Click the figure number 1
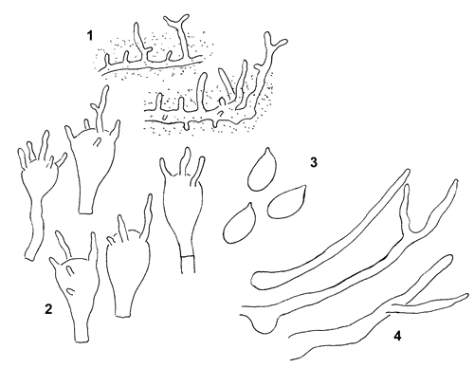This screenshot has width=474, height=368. click(90, 36)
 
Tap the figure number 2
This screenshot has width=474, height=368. click(48, 309)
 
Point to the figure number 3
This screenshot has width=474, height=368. click(313, 162)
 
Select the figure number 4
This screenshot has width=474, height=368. click(397, 336)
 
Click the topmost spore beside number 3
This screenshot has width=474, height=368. click(263, 170)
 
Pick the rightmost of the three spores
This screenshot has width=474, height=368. click(286, 202)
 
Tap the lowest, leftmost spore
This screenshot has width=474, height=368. click(239, 224)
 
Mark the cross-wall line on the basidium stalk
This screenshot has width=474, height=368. click(187, 256)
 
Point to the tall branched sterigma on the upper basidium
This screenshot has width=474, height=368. click(100, 107)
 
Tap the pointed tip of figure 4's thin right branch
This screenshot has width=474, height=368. click(467, 295)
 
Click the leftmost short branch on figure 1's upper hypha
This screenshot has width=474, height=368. click(107, 59)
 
